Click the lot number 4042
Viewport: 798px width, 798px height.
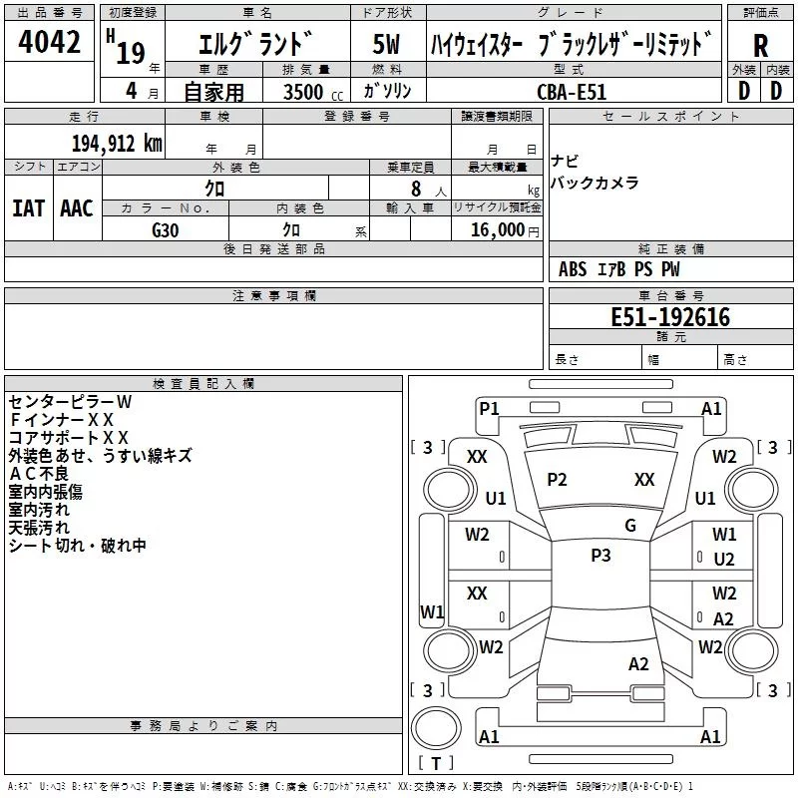pyautogui.click(x=49, y=42)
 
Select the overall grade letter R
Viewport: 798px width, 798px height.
pyautogui.click(x=760, y=45)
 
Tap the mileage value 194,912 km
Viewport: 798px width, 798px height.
pyautogui.click(x=117, y=143)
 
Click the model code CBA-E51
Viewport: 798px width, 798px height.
pyautogui.click(x=572, y=92)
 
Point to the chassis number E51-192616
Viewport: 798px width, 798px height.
pyautogui.click(x=670, y=317)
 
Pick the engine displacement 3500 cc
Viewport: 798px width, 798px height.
pyautogui.click(x=313, y=92)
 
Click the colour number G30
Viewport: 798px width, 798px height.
pyautogui.click(x=166, y=230)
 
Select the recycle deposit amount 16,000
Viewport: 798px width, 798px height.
pyautogui.click(x=497, y=230)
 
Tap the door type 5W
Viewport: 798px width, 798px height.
pyautogui.click(x=386, y=44)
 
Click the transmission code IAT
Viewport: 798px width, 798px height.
pyautogui.click(x=28, y=208)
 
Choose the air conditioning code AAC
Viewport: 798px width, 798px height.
pyautogui.click(x=77, y=208)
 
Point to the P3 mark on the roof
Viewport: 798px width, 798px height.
pyautogui.click(x=600, y=555)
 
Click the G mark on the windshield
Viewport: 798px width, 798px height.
pyautogui.click(x=630, y=525)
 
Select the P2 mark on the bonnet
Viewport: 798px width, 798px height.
pyautogui.click(x=557, y=480)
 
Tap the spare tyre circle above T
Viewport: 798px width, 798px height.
pyautogui.click(x=436, y=728)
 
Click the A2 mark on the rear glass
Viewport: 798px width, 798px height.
pyautogui.click(x=638, y=664)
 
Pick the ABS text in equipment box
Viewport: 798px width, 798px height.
pyautogui.click(x=573, y=269)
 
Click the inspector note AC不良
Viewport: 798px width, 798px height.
pyautogui.click(x=39, y=474)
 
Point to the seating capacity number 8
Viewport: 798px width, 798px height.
pyautogui.click(x=416, y=189)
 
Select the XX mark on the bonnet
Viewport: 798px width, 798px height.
pyautogui.click(x=644, y=480)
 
